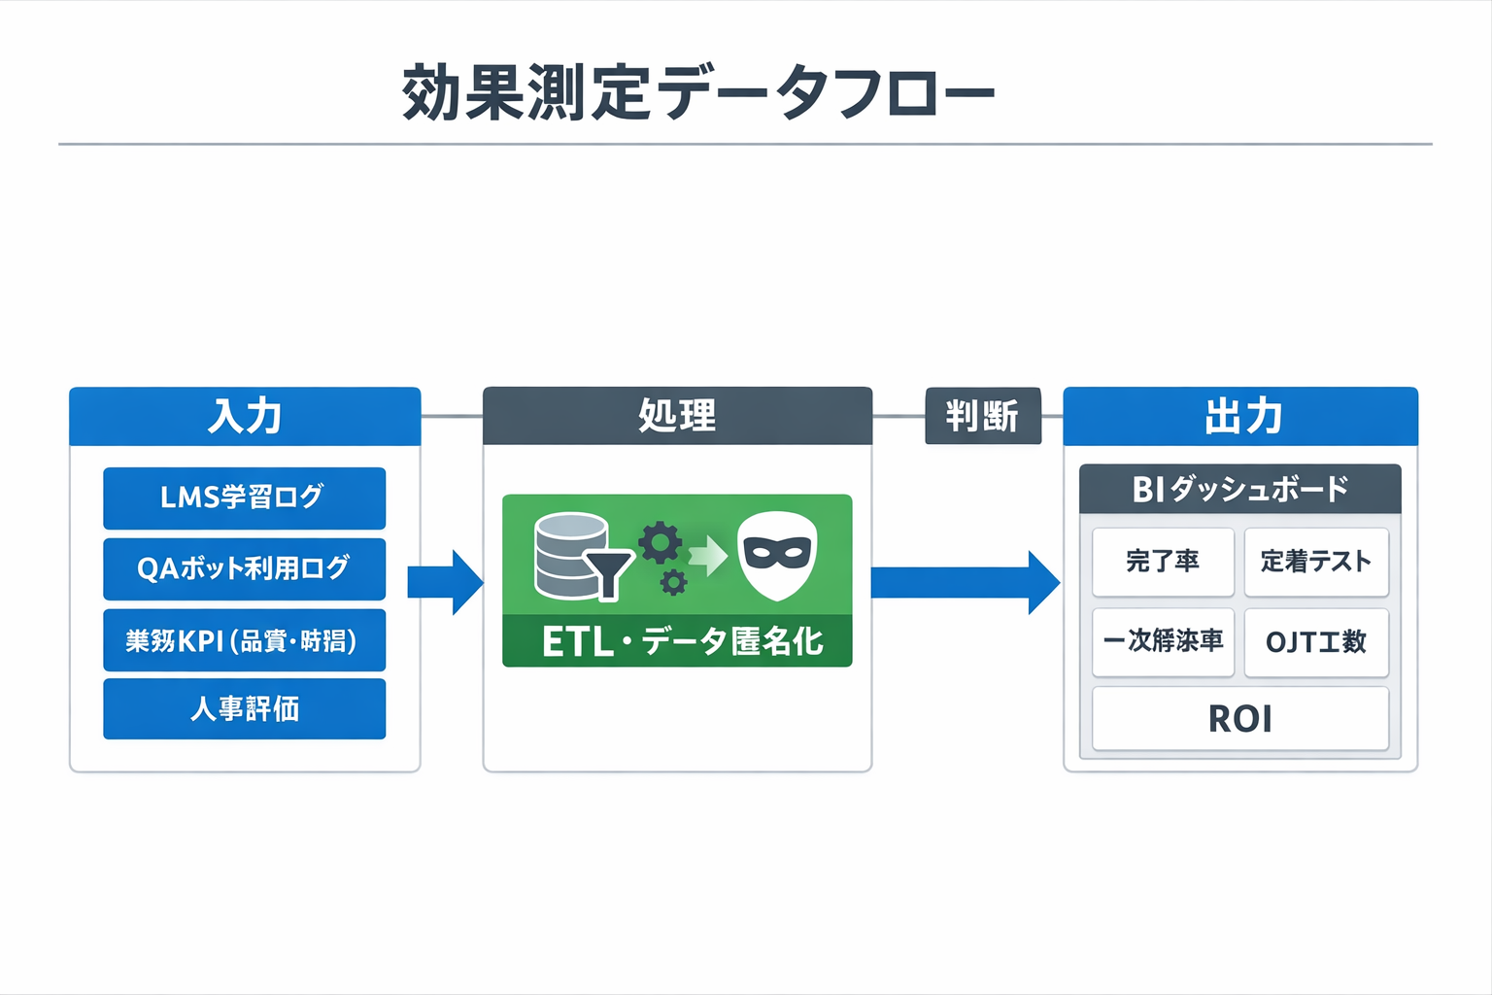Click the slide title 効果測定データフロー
[x=697, y=92]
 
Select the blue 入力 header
[x=245, y=416]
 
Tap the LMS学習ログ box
[x=244, y=497]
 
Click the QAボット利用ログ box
[x=244, y=568]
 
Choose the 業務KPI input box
[x=244, y=640]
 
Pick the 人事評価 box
[x=244, y=709]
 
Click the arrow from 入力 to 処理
[x=446, y=582]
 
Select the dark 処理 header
[x=677, y=416]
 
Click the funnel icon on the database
[x=608, y=574]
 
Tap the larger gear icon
[x=661, y=543]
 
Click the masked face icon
[x=777, y=556]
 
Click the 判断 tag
[x=982, y=416]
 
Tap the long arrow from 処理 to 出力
[x=965, y=582]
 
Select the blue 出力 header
[x=1240, y=416]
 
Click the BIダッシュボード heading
[x=1240, y=489]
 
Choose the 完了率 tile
[x=1163, y=562]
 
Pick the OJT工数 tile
[x=1316, y=642]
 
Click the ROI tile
[x=1240, y=719]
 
